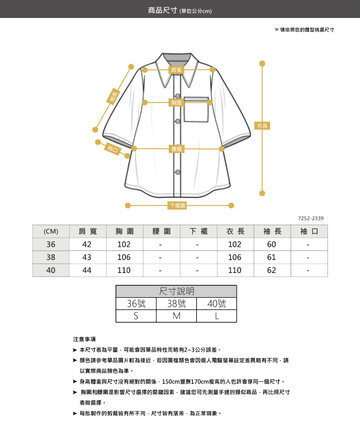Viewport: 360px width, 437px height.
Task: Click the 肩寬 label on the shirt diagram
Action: coord(176,70)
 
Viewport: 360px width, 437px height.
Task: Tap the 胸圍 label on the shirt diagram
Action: coord(176,103)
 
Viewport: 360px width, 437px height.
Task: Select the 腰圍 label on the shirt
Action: coord(176,149)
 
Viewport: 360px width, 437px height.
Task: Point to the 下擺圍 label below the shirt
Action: coord(177,205)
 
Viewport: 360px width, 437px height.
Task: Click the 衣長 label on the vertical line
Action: coord(262,126)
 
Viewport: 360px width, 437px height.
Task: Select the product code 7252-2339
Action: coord(311,218)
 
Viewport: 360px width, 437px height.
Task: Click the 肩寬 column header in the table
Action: coord(87,231)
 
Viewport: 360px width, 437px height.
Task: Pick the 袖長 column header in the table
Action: coord(272,231)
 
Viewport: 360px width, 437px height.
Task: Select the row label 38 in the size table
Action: coord(51,257)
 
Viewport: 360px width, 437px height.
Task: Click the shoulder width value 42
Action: coord(87,244)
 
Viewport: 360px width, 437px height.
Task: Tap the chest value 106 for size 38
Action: coord(124,257)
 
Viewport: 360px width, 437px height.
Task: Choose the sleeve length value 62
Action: coord(271,270)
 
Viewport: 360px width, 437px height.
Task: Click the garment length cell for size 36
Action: coord(235,244)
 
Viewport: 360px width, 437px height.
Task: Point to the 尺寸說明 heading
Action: coord(176,291)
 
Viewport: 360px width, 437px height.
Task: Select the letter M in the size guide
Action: coord(176,316)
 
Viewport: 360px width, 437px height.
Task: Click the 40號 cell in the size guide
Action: coord(217,304)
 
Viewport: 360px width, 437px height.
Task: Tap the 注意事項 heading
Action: coord(84,339)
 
